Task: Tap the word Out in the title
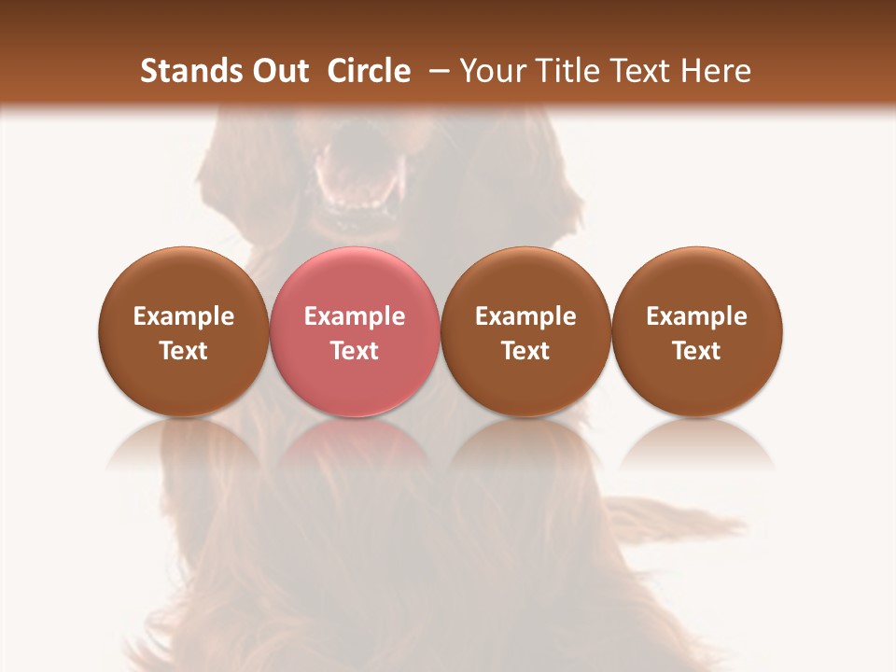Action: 277,71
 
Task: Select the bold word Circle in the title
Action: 369,71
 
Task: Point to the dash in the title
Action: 435,71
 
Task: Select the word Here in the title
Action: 717,71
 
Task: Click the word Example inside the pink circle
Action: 355,316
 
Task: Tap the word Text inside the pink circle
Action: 355,351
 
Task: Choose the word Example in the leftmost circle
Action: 184,316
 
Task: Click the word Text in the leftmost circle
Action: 184,351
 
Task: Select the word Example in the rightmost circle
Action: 697,316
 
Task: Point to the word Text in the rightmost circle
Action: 697,351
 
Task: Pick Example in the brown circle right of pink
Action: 525,316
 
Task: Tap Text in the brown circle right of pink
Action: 525,351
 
